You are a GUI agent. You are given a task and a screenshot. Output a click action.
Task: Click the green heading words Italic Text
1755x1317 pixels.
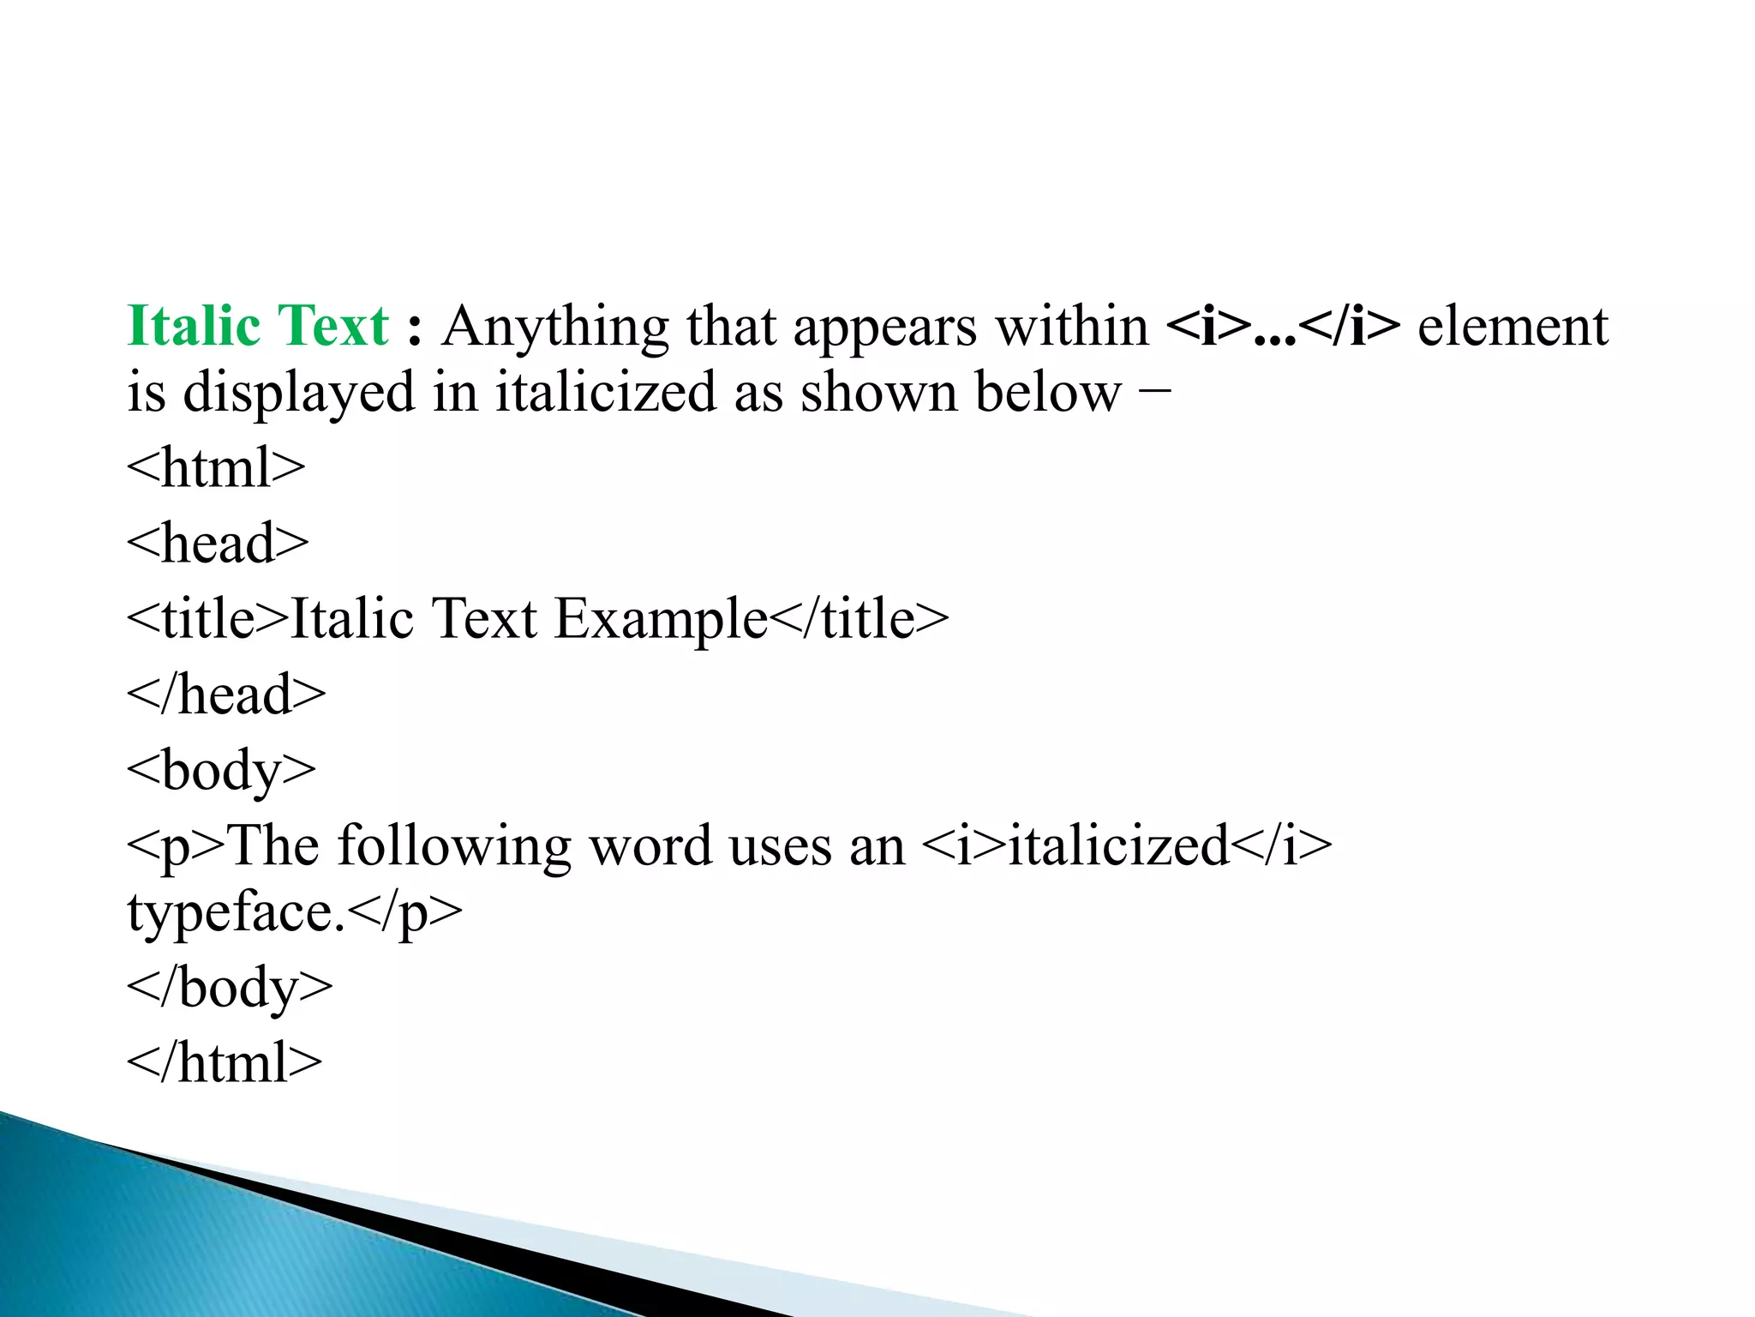coord(257,326)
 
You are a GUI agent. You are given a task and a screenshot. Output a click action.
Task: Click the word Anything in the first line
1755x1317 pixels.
coord(555,328)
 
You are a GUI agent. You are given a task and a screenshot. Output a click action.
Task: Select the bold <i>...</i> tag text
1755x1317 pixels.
coord(1283,326)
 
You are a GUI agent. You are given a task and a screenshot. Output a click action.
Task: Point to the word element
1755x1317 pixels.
coord(1512,326)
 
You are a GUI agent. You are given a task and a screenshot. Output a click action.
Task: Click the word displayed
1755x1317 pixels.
coord(300,393)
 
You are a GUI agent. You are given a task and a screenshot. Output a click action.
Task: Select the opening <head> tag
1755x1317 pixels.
coord(218,544)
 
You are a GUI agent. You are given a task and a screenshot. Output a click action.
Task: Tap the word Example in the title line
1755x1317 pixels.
coord(661,619)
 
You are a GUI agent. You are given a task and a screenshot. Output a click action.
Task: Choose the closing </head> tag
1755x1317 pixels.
coord(226,695)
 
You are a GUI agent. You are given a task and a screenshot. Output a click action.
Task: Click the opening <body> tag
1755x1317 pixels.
coord(221,770)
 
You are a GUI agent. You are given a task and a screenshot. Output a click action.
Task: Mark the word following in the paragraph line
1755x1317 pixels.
coord(454,846)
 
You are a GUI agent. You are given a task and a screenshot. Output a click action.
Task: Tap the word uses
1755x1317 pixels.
coord(780,846)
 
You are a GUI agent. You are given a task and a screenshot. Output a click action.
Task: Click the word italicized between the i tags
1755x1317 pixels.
coord(1119,846)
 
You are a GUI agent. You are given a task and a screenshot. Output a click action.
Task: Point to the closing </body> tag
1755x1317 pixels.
coord(230,988)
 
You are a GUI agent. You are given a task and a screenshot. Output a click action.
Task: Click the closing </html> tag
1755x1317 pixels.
coord(225,1063)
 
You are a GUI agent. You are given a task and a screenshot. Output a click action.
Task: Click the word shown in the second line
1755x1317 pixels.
coord(878,393)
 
